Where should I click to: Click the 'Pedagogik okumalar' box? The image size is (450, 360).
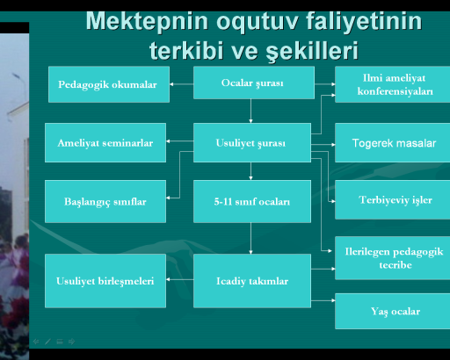(109, 84)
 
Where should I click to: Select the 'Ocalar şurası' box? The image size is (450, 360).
(254, 83)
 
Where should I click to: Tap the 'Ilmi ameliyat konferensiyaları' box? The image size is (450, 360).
(393, 84)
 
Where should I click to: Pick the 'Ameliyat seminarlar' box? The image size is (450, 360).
(105, 142)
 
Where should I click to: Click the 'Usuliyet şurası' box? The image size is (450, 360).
(252, 142)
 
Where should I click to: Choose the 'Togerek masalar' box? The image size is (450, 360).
(393, 142)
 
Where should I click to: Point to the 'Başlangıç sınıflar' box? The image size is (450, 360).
(105, 201)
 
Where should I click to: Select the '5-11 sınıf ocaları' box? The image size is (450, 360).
(252, 201)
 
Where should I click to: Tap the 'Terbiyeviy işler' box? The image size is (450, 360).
(393, 199)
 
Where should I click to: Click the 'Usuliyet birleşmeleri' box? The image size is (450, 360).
(105, 281)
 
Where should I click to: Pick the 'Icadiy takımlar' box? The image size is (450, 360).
(252, 281)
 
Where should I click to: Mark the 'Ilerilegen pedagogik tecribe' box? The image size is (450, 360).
(393, 258)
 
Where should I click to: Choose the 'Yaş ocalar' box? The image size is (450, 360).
(393, 311)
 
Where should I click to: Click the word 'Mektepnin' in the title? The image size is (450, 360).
(147, 21)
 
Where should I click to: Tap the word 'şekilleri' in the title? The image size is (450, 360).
(312, 50)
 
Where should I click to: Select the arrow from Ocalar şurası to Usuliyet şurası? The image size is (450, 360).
(250, 111)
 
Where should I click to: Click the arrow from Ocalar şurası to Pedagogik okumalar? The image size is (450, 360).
(181, 84)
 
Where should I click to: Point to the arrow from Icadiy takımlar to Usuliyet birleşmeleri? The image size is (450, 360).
(179, 279)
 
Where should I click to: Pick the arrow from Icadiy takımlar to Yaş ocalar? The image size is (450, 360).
(323, 300)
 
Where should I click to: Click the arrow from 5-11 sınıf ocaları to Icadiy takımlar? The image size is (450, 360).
(250, 238)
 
